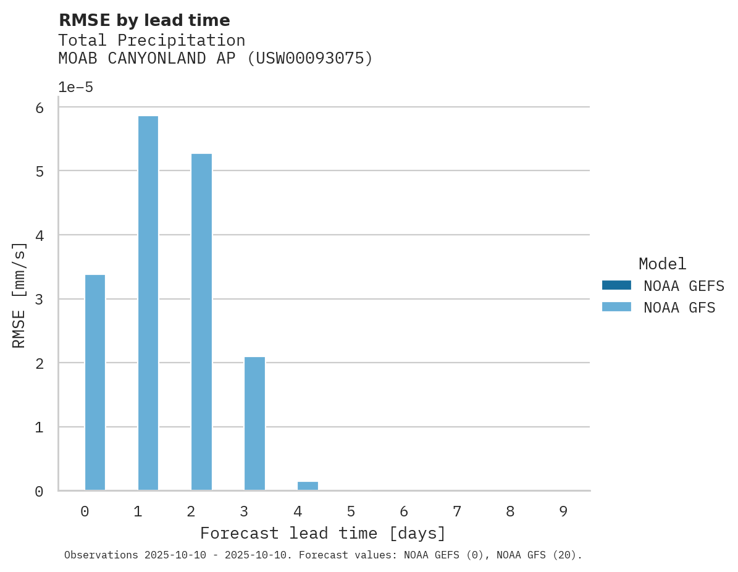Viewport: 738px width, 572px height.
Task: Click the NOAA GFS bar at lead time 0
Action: pos(94,382)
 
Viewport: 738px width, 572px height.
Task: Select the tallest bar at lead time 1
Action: pos(148,303)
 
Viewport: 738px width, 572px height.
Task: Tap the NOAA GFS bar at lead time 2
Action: pos(201,322)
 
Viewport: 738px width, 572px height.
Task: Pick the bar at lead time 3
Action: pos(254,423)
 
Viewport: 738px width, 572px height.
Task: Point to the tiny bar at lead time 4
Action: pos(308,486)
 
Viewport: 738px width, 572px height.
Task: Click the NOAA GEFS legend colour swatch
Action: pos(616,285)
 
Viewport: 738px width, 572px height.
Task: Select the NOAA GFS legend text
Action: pos(679,307)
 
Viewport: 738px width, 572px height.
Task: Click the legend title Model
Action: pos(662,264)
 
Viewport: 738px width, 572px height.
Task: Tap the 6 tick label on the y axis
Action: pos(39,107)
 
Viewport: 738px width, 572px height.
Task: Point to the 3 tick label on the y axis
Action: pos(39,299)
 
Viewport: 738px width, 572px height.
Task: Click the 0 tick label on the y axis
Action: pos(39,491)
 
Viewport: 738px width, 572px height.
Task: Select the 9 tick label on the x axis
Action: pos(563,511)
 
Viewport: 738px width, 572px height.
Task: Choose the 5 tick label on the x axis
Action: pos(351,511)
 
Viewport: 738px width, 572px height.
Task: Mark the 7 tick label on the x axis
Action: pos(457,511)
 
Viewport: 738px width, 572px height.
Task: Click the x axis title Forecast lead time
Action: pos(322,533)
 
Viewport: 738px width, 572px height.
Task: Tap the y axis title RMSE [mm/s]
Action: pos(19,295)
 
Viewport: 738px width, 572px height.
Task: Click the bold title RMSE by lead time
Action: pos(144,20)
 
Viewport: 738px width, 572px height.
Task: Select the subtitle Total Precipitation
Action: pos(151,40)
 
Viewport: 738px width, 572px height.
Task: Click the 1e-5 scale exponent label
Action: pos(75,87)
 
